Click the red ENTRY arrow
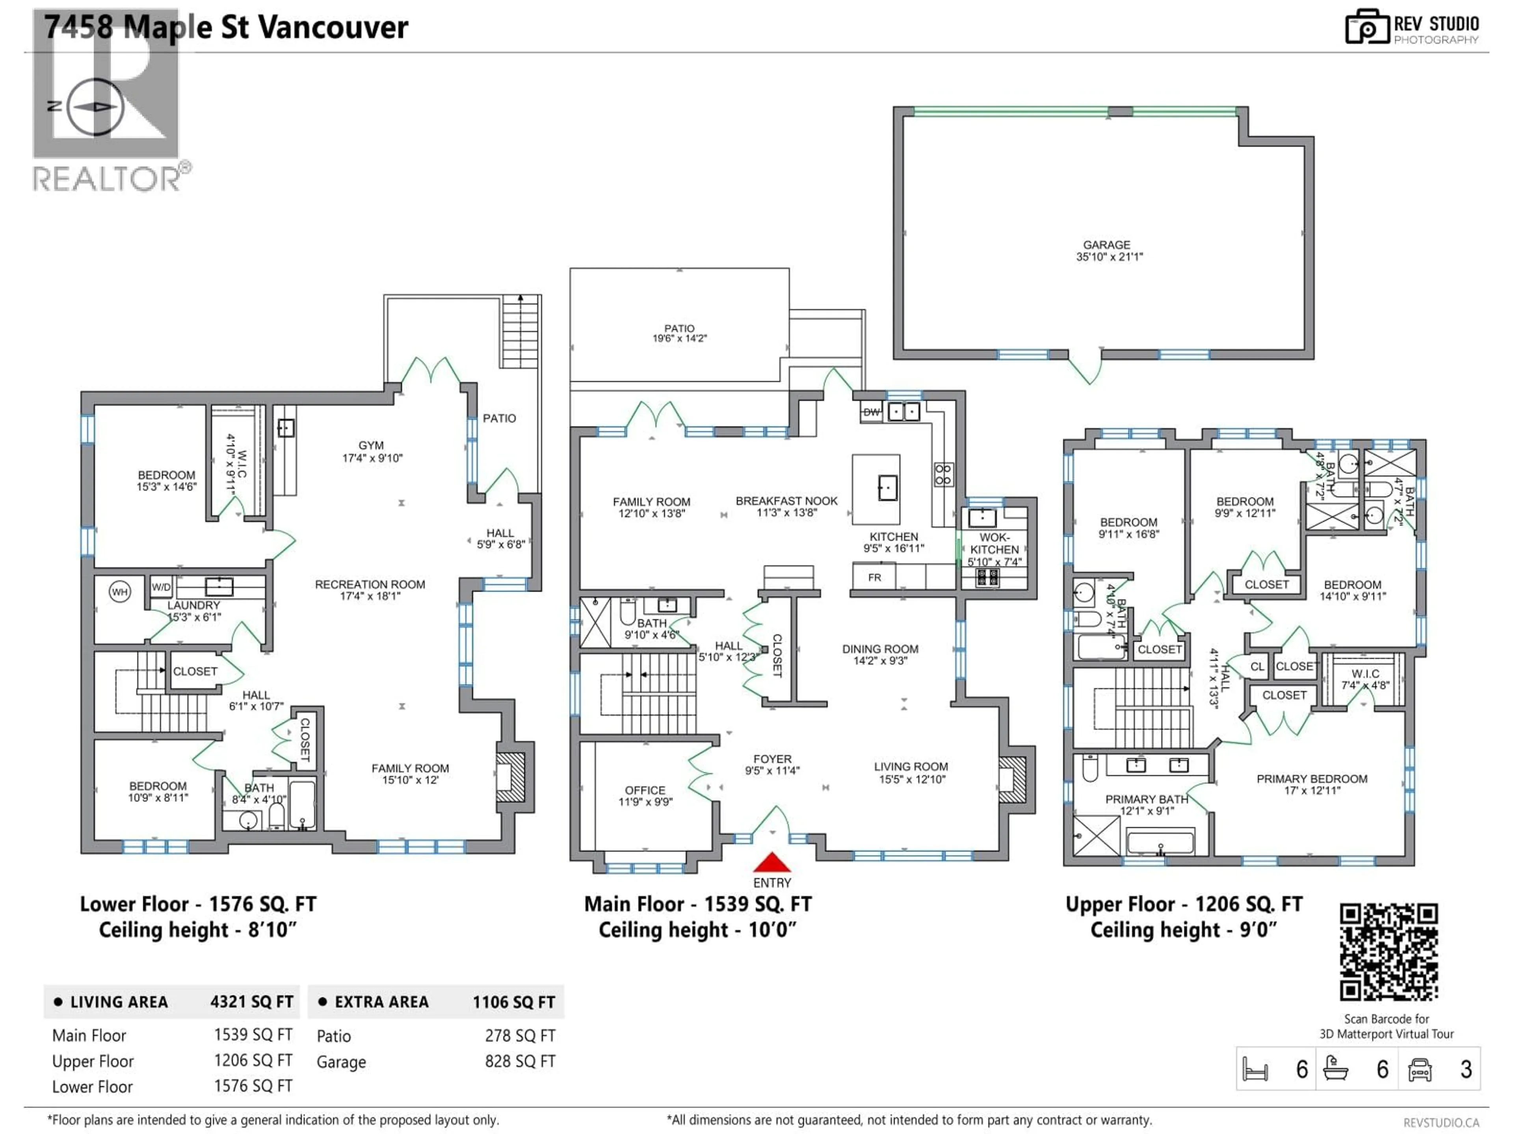click(x=771, y=863)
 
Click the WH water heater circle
click(x=120, y=592)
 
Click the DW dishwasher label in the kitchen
click(x=871, y=412)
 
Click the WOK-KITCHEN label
click(x=994, y=543)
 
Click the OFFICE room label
click(x=644, y=790)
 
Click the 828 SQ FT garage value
click(x=520, y=1061)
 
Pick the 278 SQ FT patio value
click(x=520, y=1036)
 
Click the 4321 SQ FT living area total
click(x=251, y=1002)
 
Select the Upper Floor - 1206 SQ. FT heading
click(x=1183, y=904)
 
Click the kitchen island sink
click(x=888, y=488)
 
